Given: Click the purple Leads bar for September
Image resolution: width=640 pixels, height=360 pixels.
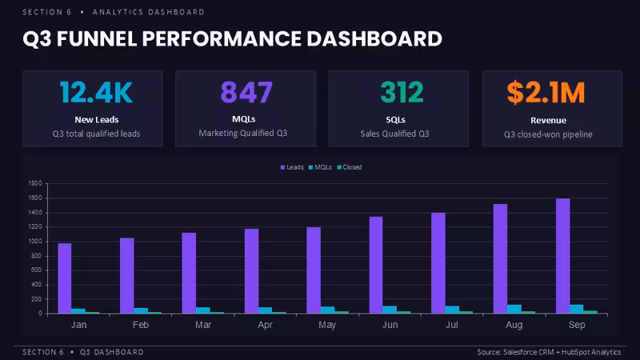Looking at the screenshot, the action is coord(563,256).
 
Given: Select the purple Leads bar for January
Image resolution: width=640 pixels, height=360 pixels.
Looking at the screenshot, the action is coord(65,278).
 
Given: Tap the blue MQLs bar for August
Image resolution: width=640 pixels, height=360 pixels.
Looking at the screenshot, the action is coord(514,309).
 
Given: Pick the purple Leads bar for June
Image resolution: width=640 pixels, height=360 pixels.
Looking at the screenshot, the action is coord(376,265).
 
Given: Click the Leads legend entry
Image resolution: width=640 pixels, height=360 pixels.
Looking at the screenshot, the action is coord(292,167).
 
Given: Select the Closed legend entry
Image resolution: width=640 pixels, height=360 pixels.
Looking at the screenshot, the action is coord(350,167).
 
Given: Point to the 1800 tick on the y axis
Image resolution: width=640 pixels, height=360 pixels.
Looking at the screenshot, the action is coord(35,183).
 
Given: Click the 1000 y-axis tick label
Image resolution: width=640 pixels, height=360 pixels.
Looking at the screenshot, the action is coord(35,242).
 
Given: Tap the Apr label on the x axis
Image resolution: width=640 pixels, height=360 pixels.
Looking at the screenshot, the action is coord(266,325).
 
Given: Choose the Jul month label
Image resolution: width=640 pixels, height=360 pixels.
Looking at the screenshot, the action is coord(452,325).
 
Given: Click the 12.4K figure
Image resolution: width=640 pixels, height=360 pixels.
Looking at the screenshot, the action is coord(96,92).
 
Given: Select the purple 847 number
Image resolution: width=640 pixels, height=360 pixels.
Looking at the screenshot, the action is coord(246,92).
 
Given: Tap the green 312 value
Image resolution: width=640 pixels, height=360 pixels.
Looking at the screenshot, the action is coord(402,92).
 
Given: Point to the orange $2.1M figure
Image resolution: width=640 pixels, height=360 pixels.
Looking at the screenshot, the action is coord(546,93).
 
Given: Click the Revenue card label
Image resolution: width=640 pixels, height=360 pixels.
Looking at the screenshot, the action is coord(548,121).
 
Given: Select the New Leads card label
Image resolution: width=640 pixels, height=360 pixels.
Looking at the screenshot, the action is coord(96,119).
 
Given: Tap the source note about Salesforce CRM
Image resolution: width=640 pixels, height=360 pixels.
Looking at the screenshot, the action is coord(549,352).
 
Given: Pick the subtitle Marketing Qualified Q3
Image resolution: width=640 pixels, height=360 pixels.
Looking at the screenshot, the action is coord(243,133).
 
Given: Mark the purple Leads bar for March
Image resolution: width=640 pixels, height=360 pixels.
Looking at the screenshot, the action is coord(189,273).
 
